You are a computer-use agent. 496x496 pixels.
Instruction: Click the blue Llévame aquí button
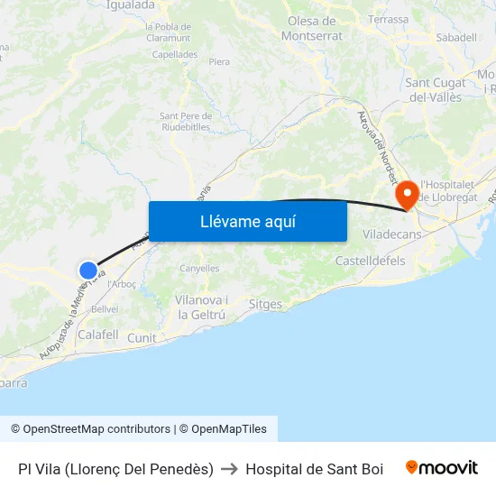tap(247, 221)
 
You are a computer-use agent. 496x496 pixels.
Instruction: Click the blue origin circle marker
tap(88, 270)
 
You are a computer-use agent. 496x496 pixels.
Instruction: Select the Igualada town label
tap(131, 5)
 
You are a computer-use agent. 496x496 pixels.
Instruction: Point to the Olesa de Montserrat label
tap(312, 28)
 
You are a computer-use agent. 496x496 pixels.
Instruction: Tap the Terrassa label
tap(388, 19)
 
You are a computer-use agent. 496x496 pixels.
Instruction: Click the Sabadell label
tap(455, 38)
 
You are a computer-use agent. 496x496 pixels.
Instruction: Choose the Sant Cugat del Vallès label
tap(436, 90)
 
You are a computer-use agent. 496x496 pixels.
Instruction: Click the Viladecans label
tap(392, 233)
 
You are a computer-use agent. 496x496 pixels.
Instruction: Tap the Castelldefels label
tap(370, 261)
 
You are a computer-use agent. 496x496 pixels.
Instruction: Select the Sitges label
tap(265, 305)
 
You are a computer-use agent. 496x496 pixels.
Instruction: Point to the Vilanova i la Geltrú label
tap(201, 308)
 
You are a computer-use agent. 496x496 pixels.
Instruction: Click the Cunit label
tap(142, 338)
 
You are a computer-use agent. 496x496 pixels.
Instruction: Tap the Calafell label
tap(98, 335)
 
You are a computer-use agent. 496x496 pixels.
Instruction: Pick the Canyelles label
tap(199, 268)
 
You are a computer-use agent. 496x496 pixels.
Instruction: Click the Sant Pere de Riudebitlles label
tap(186, 121)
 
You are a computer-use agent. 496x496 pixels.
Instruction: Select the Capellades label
tap(175, 54)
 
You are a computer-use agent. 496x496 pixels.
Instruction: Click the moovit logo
tap(442, 468)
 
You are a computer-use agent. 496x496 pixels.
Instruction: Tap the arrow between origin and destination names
tap(229, 469)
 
